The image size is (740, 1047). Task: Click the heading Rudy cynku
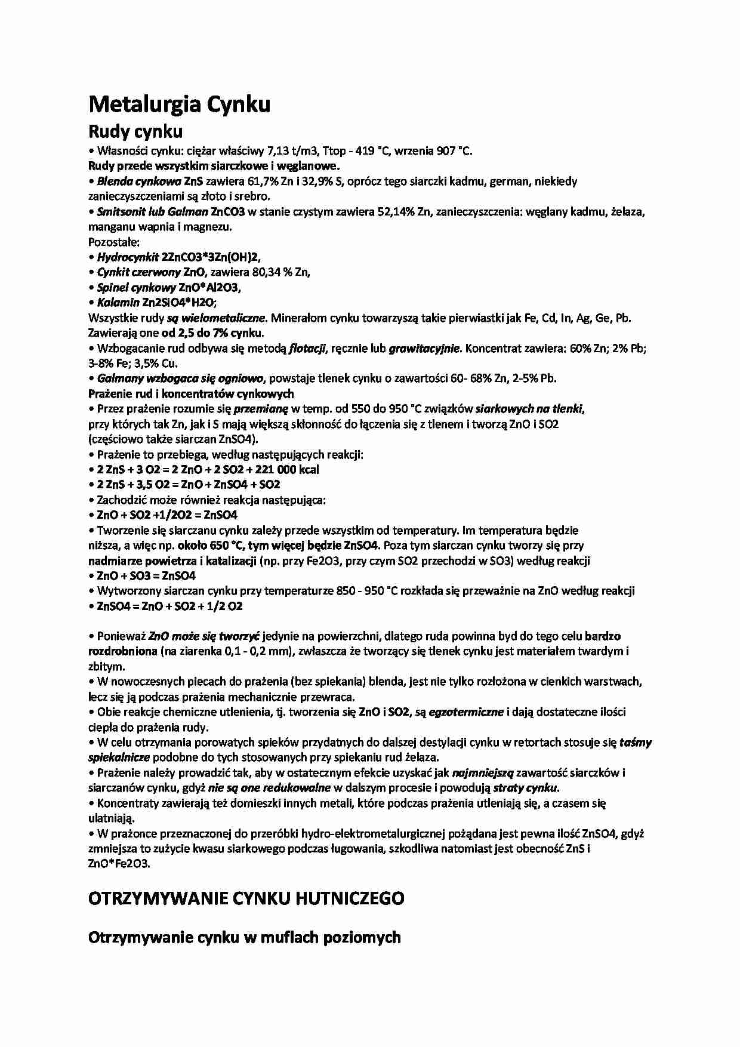pos(135,131)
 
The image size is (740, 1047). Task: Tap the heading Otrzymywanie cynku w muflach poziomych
pos(244,937)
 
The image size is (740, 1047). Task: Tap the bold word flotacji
pos(307,349)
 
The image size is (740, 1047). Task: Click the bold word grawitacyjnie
pos(424,349)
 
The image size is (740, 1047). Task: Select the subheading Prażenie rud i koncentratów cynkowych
pos(190,394)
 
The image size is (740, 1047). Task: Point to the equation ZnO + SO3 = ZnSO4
pos(146,576)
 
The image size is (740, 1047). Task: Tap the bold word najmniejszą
pos(482,773)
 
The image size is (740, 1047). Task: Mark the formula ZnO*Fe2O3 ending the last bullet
pos(119,864)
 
